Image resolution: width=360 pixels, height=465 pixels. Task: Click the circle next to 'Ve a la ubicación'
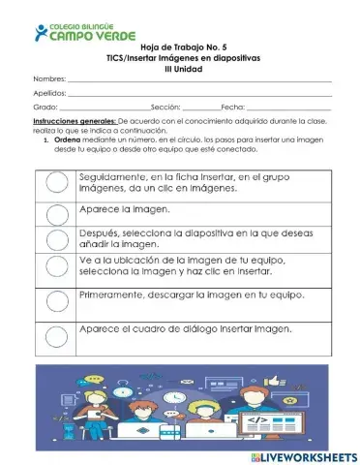56,266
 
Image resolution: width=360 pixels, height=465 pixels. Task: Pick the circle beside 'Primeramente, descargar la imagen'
56,296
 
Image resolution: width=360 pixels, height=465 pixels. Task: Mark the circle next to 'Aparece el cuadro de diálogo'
56,329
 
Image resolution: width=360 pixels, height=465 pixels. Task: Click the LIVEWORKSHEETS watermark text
307,455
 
